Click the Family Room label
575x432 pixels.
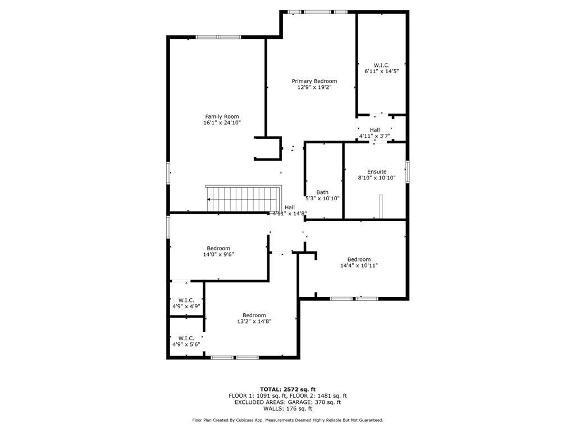222,116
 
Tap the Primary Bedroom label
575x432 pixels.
314,81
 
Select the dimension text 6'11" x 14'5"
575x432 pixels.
381,71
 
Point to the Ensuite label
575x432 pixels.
377,172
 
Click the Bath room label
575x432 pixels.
322,192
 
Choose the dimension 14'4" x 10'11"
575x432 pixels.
359,265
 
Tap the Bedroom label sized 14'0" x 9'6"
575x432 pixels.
218,248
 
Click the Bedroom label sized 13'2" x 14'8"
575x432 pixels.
254,315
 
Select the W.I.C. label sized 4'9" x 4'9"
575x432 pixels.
186,300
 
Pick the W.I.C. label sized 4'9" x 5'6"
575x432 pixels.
186,338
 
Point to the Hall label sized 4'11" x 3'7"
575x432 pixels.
375,130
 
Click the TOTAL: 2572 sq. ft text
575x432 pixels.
288,389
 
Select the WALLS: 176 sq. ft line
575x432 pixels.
288,408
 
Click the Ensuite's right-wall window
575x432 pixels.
408,172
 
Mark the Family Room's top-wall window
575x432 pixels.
218,37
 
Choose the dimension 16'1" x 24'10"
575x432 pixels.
222,123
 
